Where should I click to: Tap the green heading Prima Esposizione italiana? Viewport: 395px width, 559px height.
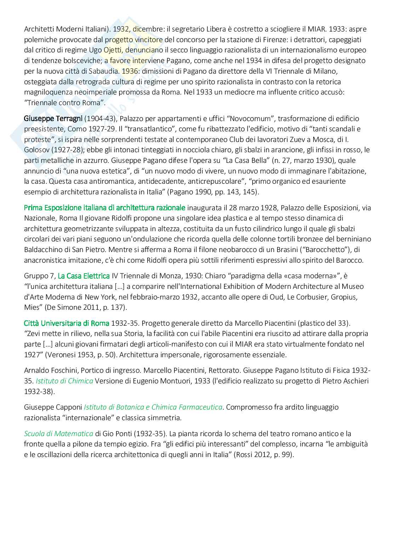(104, 207)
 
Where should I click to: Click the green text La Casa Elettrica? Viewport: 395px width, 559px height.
(84, 276)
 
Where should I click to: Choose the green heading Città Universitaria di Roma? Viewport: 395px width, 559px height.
(67, 323)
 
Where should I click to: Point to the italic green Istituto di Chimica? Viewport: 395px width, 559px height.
(64, 381)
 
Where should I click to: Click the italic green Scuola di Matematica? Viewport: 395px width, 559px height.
(58, 434)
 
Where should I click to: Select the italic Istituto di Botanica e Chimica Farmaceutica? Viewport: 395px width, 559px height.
(153, 407)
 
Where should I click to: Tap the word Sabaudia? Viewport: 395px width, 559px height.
(103, 71)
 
